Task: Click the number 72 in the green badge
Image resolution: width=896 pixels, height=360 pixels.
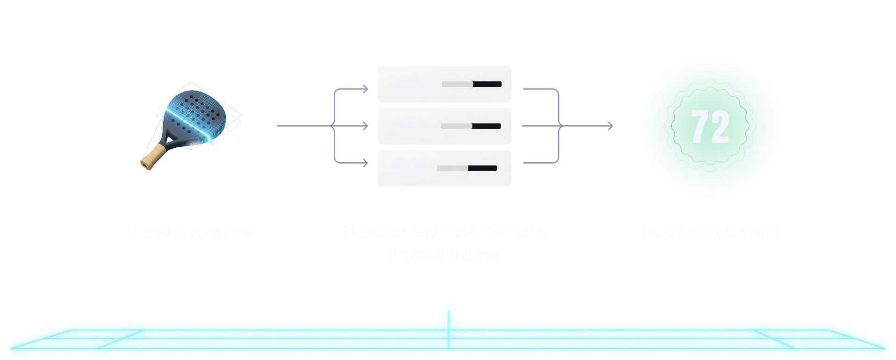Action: click(710, 127)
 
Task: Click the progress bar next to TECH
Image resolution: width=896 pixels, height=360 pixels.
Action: click(471, 84)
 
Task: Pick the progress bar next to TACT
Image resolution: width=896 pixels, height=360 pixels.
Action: click(470, 126)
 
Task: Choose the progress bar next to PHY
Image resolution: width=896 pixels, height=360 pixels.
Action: click(466, 168)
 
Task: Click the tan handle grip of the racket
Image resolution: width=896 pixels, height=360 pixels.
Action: click(153, 158)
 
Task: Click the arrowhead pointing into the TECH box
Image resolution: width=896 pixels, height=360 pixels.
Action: click(366, 89)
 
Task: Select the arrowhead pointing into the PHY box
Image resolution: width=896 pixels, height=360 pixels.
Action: click(366, 163)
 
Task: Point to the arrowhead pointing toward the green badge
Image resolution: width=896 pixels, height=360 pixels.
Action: click(610, 126)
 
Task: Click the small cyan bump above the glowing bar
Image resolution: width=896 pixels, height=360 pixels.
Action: click(448, 310)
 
